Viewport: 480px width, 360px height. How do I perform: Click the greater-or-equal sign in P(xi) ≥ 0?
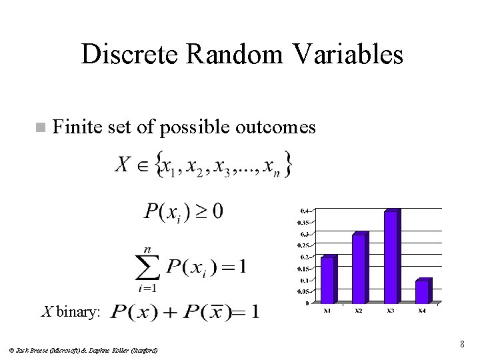(197, 212)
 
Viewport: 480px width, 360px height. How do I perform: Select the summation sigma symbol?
(147, 267)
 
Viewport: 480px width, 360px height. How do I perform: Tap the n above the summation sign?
(147, 249)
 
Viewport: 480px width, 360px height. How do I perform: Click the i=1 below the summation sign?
(148, 289)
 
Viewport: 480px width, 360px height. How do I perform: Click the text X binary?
(71, 311)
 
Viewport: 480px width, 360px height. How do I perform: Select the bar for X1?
(328, 279)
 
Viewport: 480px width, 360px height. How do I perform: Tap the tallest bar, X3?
(391, 257)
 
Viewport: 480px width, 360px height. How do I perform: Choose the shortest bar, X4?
(422, 291)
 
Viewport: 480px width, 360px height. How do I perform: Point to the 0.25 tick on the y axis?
(303, 245)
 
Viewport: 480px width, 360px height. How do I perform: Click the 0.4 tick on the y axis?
(304, 211)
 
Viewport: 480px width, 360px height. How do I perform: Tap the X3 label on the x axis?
(390, 311)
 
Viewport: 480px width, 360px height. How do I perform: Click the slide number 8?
(461, 345)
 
